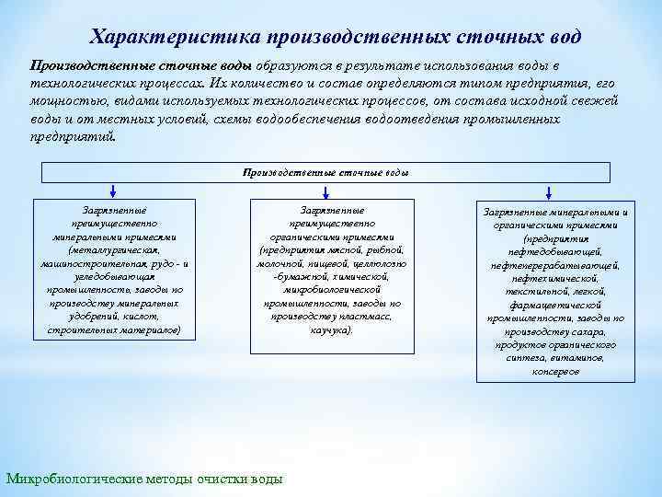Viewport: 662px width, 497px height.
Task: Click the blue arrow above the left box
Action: pyautogui.click(x=113, y=191)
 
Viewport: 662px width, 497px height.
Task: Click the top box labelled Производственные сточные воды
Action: pyautogui.click(x=325, y=172)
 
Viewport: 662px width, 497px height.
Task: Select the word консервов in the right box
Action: pyautogui.click(x=554, y=371)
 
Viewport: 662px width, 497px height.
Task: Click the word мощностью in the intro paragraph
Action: pyautogui.click(x=63, y=102)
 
